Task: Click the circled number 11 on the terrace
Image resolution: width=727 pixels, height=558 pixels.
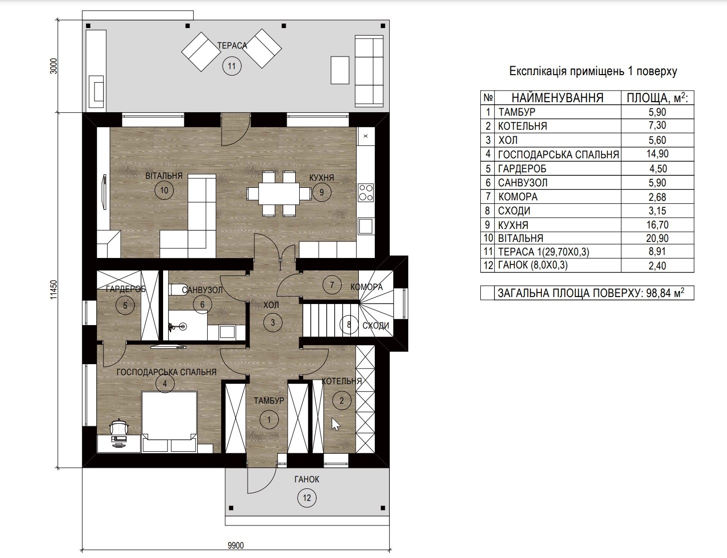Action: click(x=232, y=66)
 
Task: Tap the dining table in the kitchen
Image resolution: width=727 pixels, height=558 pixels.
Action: click(x=278, y=193)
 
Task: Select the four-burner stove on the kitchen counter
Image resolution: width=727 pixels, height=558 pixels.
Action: click(x=366, y=192)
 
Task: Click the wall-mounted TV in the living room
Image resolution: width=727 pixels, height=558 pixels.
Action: click(x=104, y=192)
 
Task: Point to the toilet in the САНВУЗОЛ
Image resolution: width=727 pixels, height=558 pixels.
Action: click(x=176, y=290)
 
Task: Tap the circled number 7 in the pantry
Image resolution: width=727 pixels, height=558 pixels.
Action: click(x=332, y=285)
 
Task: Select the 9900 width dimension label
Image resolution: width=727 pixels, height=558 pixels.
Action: click(x=236, y=545)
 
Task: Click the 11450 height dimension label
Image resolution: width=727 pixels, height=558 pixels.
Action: click(x=54, y=290)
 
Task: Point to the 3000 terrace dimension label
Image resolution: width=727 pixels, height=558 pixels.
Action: click(x=54, y=66)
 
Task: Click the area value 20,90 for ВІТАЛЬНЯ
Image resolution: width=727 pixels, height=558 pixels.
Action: click(x=657, y=238)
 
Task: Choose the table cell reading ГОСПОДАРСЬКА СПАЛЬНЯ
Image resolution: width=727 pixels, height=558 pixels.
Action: click(x=558, y=154)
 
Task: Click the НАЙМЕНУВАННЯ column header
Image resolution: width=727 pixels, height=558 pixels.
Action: click(x=557, y=98)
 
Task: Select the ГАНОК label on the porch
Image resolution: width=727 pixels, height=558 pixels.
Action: click(x=307, y=479)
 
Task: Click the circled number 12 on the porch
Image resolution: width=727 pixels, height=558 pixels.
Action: click(x=307, y=498)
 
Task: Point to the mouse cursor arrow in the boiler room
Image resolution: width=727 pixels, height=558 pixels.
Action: click(x=335, y=424)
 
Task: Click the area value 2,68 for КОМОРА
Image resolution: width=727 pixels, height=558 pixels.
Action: click(x=657, y=197)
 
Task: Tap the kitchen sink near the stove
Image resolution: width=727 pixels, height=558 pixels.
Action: click(x=366, y=226)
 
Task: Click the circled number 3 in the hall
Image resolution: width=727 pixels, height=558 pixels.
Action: click(x=273, y=322)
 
